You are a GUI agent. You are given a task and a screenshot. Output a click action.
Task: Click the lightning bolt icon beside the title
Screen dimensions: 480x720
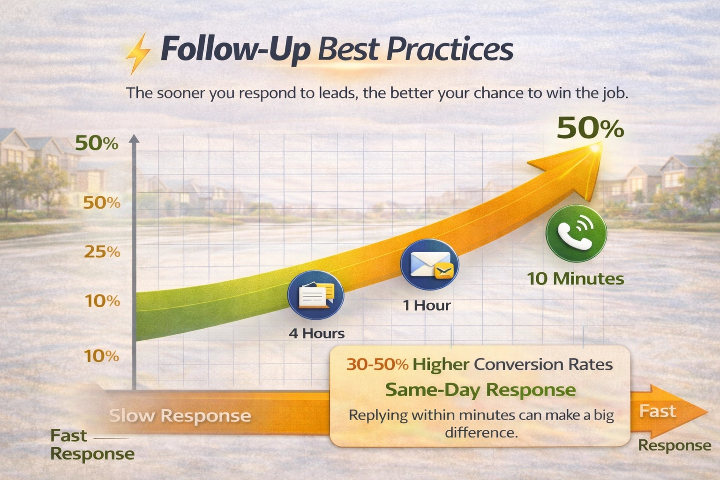pyautogui.click(x=138, y=53)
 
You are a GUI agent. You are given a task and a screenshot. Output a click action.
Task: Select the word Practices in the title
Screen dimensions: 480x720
pyautogui.click(x=450, y=50)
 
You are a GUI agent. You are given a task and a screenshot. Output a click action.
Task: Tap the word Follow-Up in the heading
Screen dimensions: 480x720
pyautogui.click(x=235, y=50)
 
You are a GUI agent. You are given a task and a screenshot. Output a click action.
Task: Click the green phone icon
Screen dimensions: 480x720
pyautogui.click(x=577, y=233)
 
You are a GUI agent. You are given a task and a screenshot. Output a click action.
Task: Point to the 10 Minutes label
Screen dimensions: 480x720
pyautogui.click(x=576, y=279)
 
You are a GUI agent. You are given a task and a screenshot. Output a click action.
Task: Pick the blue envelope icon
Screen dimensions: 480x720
pyautogui.click(x=429, y=265)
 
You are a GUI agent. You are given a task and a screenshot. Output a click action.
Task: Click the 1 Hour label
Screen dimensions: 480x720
pyautogui.click(x=427, y=306)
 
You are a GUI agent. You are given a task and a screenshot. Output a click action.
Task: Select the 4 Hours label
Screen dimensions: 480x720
pyautogui.click(x=316, y=334)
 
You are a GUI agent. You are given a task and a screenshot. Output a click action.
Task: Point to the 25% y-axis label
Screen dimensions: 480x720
pyautogui.click(x=102, y=252)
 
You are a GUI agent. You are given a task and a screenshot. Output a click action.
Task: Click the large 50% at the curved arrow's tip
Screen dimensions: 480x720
pyautogui.click(x=590, y=128)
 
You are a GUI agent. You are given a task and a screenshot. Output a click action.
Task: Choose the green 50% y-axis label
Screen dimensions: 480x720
pyautogui.click(x=97, y=143)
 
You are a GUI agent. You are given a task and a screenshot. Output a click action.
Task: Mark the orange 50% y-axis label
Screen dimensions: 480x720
pyautogui.click(x=102, y=203)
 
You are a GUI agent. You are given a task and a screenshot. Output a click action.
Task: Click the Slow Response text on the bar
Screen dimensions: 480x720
pyautogui.click(x=180, y=416)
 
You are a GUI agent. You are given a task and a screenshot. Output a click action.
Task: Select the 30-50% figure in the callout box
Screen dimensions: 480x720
pyautogui.click(x=377, y=365)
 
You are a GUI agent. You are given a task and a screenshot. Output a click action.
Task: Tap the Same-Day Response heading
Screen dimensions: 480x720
pyautogui.click(x=480, y=390)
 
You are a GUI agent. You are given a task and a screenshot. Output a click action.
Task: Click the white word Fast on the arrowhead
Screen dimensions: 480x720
pyautogui.click(x=658, y=412)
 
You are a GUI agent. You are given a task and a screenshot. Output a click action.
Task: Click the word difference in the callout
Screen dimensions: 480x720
pyautogui.click(x=480, y=432)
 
